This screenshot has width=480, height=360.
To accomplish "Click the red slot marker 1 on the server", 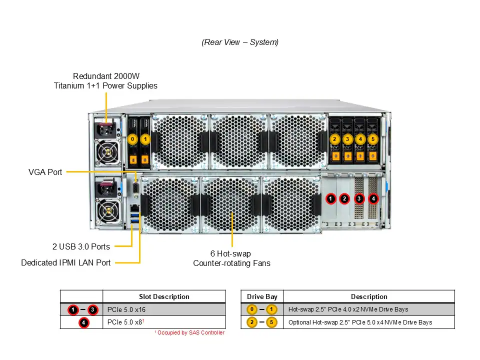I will [x=330, y=199].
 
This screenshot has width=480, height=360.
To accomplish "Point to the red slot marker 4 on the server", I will [x=373, y=199].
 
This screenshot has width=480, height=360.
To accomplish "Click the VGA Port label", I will [x=45, y=172].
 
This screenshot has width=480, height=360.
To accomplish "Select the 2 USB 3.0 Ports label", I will [x=81, y=246].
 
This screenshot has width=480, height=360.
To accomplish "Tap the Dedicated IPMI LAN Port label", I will [x=66, y=262].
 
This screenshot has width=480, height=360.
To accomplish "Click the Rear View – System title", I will [x=240, y=42].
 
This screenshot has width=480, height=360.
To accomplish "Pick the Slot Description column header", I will [x=164, y=296].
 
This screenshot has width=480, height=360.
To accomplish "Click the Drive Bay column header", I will [x=262, y=296].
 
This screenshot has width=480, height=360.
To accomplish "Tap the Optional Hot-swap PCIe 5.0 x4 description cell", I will [x=360, y=322].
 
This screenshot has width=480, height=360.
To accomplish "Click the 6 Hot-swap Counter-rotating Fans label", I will [x=231, y=258].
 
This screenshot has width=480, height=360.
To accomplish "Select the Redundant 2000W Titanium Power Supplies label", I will [x=105, y=81].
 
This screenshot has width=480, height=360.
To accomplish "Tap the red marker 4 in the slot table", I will [x=83, y=322].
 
